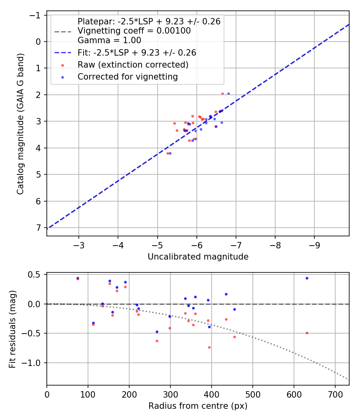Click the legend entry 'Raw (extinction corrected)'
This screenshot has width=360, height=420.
point(133,64)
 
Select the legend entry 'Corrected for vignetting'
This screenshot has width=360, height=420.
point(128,76)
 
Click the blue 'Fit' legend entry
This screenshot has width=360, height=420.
point(136,52)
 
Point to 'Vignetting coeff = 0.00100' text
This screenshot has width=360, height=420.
point(134,31)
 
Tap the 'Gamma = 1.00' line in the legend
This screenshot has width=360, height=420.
point(109,40)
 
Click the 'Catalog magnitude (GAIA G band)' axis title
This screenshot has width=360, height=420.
point(20,123)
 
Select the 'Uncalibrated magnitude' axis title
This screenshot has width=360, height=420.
point(198,257)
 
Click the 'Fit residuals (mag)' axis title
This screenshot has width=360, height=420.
point(12,329)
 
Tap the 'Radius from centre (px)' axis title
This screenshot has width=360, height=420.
point(198,406)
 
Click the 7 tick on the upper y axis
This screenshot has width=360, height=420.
point(38,228)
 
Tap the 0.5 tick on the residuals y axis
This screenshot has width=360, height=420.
point(35,274)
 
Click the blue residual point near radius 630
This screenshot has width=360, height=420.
point(307,278)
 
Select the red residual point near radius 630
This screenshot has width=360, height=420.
point(307,333)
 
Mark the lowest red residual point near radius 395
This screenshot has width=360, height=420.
point(209,347)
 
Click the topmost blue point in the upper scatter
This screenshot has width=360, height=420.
point(228,94)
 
